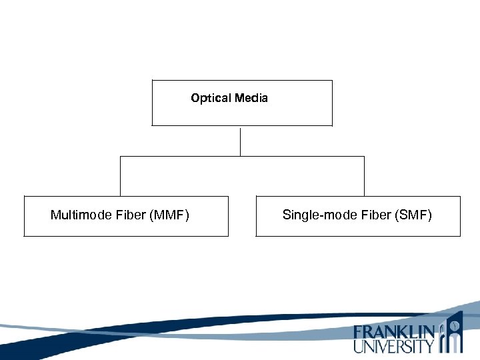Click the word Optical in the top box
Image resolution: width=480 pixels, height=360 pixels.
click(209, 99)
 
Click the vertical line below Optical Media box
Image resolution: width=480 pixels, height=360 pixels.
click(240, 141)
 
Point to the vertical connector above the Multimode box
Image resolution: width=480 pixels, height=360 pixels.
click(120, 176)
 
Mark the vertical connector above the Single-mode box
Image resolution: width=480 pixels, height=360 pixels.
click(364, 176)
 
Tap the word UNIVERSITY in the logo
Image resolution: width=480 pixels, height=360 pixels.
click(393, 346)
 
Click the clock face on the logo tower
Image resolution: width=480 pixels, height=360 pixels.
click(454, 325)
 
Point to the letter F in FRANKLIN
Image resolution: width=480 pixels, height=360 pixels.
click(359, 332)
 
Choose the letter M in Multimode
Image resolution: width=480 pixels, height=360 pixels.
click(55, 215)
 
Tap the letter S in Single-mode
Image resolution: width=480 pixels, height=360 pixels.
click(287, 215)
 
